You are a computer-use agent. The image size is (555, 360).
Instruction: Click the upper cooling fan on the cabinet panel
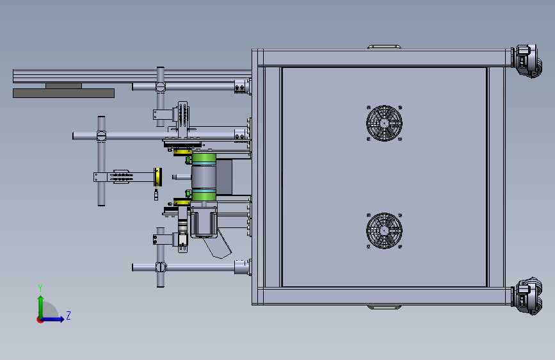(384, 123)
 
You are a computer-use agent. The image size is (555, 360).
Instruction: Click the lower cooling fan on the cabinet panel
(384, 231)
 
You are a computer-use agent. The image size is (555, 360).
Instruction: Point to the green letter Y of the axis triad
(40, 288)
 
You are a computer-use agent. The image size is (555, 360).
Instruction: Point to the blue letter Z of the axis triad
(68, 315)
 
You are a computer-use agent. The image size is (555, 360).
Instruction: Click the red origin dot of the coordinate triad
(40, 320)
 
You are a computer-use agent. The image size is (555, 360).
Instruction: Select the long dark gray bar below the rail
(64, 93)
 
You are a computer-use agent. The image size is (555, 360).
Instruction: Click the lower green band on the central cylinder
(204, 195)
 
